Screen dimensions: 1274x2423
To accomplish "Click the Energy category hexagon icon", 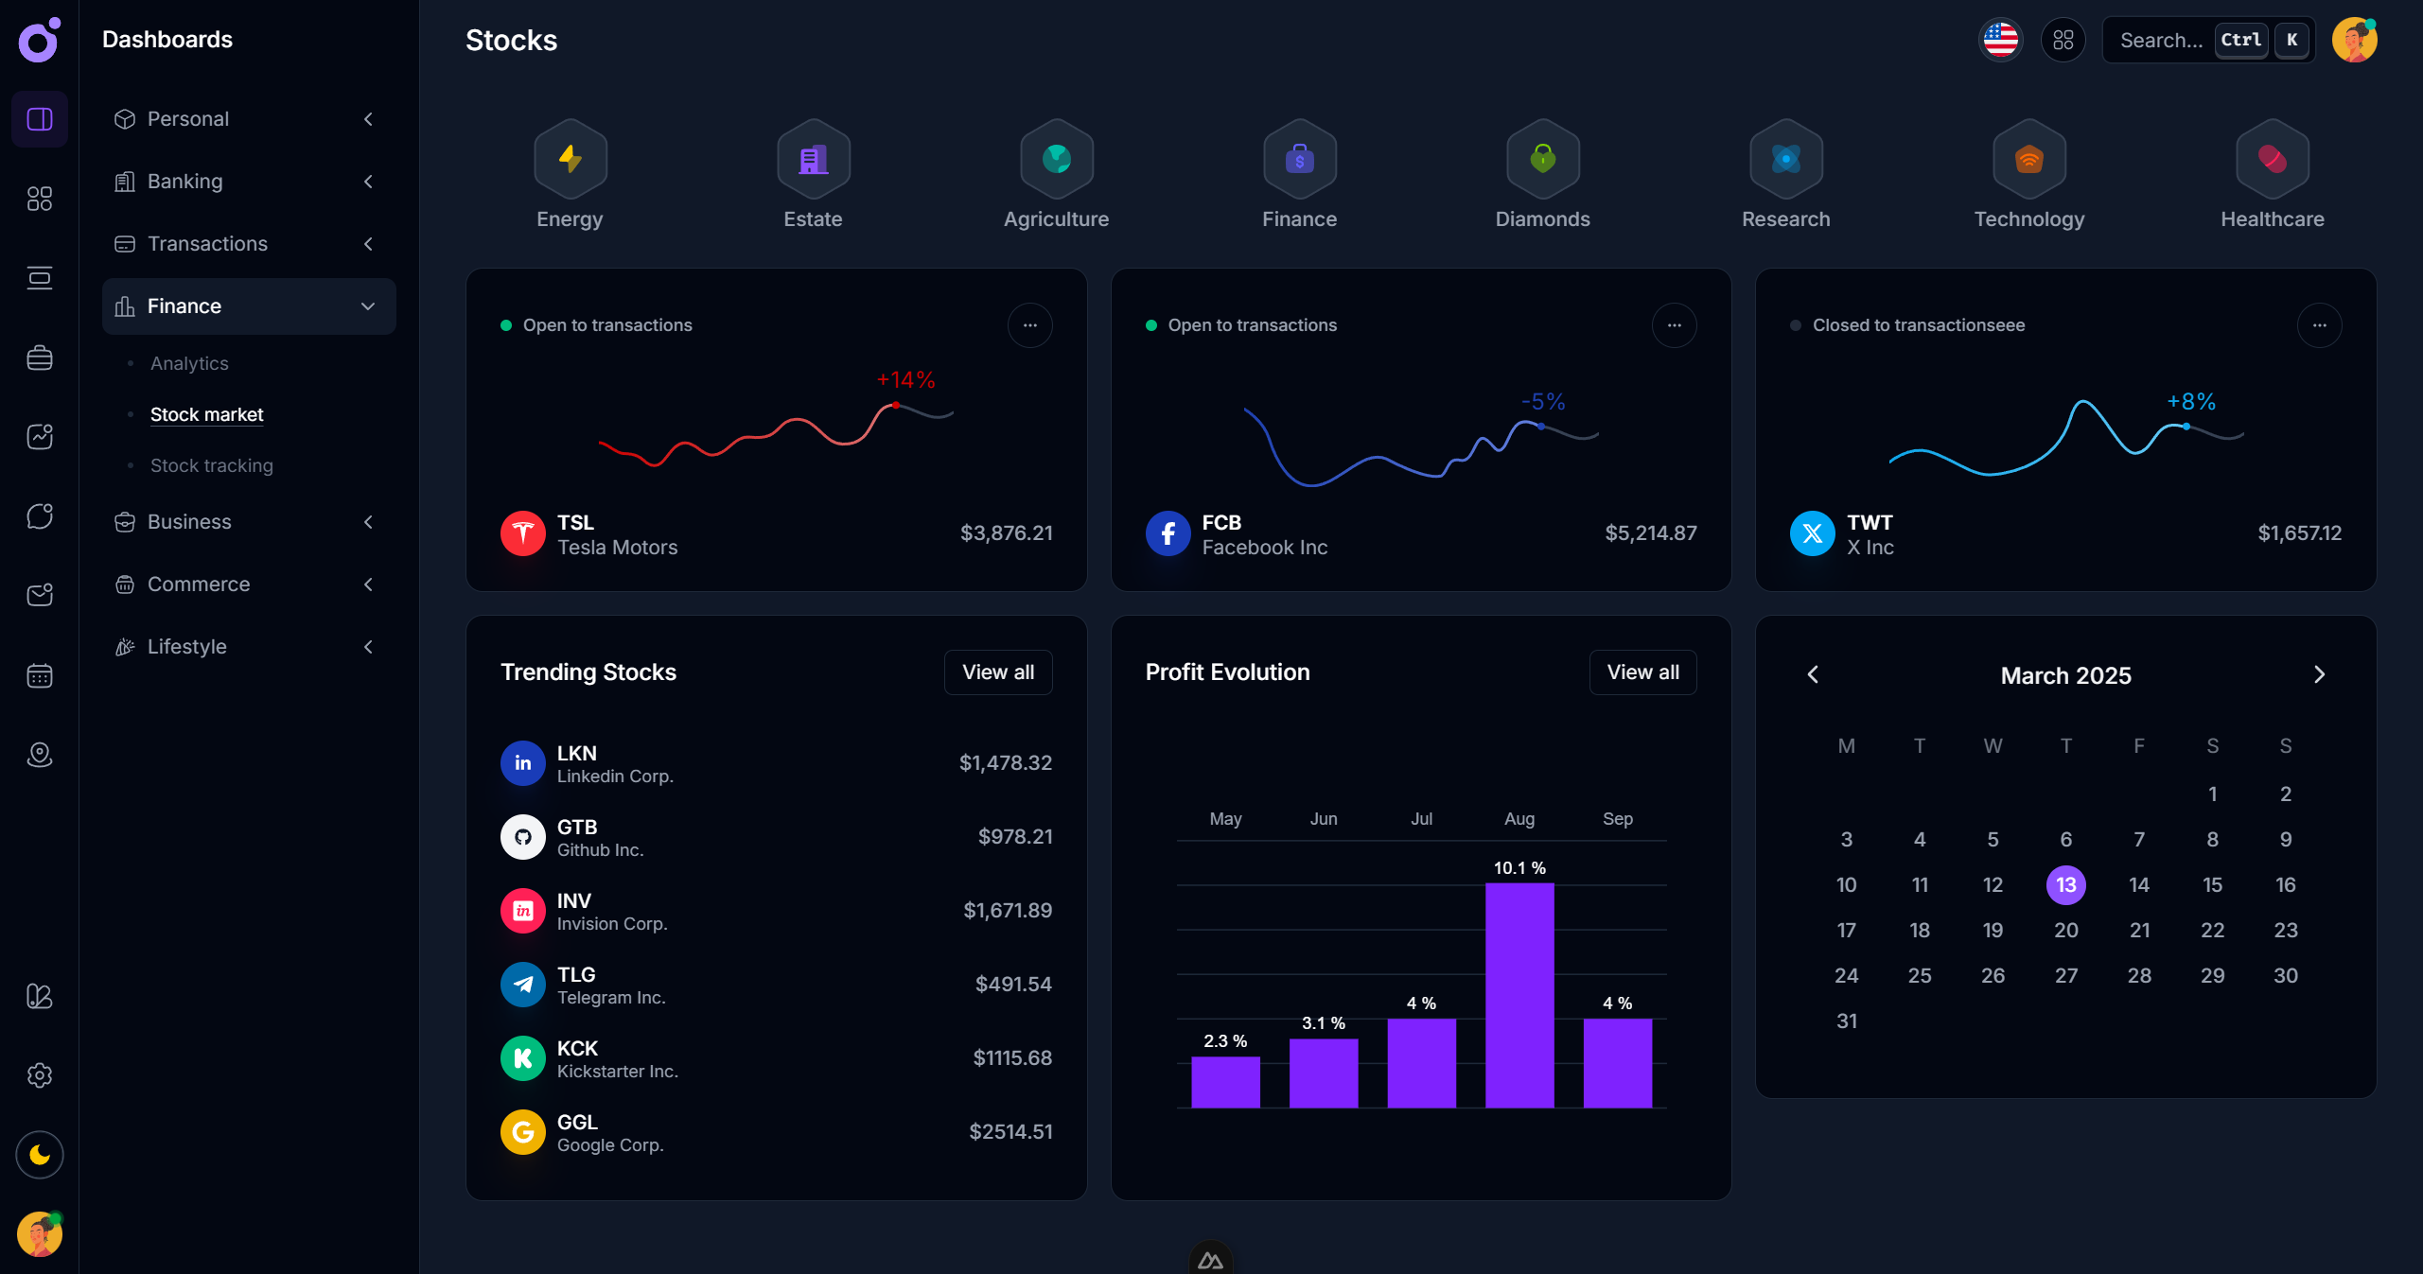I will tap(570, 159).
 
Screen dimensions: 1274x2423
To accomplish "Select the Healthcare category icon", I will tap(2272, 159).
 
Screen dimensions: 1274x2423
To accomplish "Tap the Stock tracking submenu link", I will tap(211, 465).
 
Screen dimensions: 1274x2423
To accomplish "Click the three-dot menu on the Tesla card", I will tap(1029, 325).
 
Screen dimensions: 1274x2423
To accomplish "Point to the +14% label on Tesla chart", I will tap(905, 380).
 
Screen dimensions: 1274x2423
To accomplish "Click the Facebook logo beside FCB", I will tap(1168, 533).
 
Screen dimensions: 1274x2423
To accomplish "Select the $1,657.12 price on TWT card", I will tap(2299, 533).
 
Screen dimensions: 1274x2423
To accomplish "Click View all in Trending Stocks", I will tap(997, 672).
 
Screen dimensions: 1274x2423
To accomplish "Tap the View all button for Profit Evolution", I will tap(1642, 672).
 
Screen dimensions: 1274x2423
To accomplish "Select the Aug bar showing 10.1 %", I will tap(1519, 993).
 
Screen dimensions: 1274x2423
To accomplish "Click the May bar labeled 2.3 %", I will tap(1225, 1081).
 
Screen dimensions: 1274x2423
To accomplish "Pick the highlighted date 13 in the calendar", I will tap(2065, 885).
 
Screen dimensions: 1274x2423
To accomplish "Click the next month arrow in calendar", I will tap(2319, 674).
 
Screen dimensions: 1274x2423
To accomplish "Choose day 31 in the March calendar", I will tap(1846, 1021).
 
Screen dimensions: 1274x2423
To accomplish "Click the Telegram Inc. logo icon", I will tap(522, 985).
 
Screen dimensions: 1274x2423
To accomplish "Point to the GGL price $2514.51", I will tap(1010, 1132).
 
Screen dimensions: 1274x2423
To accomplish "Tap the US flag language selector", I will tap(2000, 40).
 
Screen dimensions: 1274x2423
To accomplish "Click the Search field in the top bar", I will tap(2161, 40).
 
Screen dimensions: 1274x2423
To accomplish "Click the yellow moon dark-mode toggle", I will tap(40, 1155).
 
